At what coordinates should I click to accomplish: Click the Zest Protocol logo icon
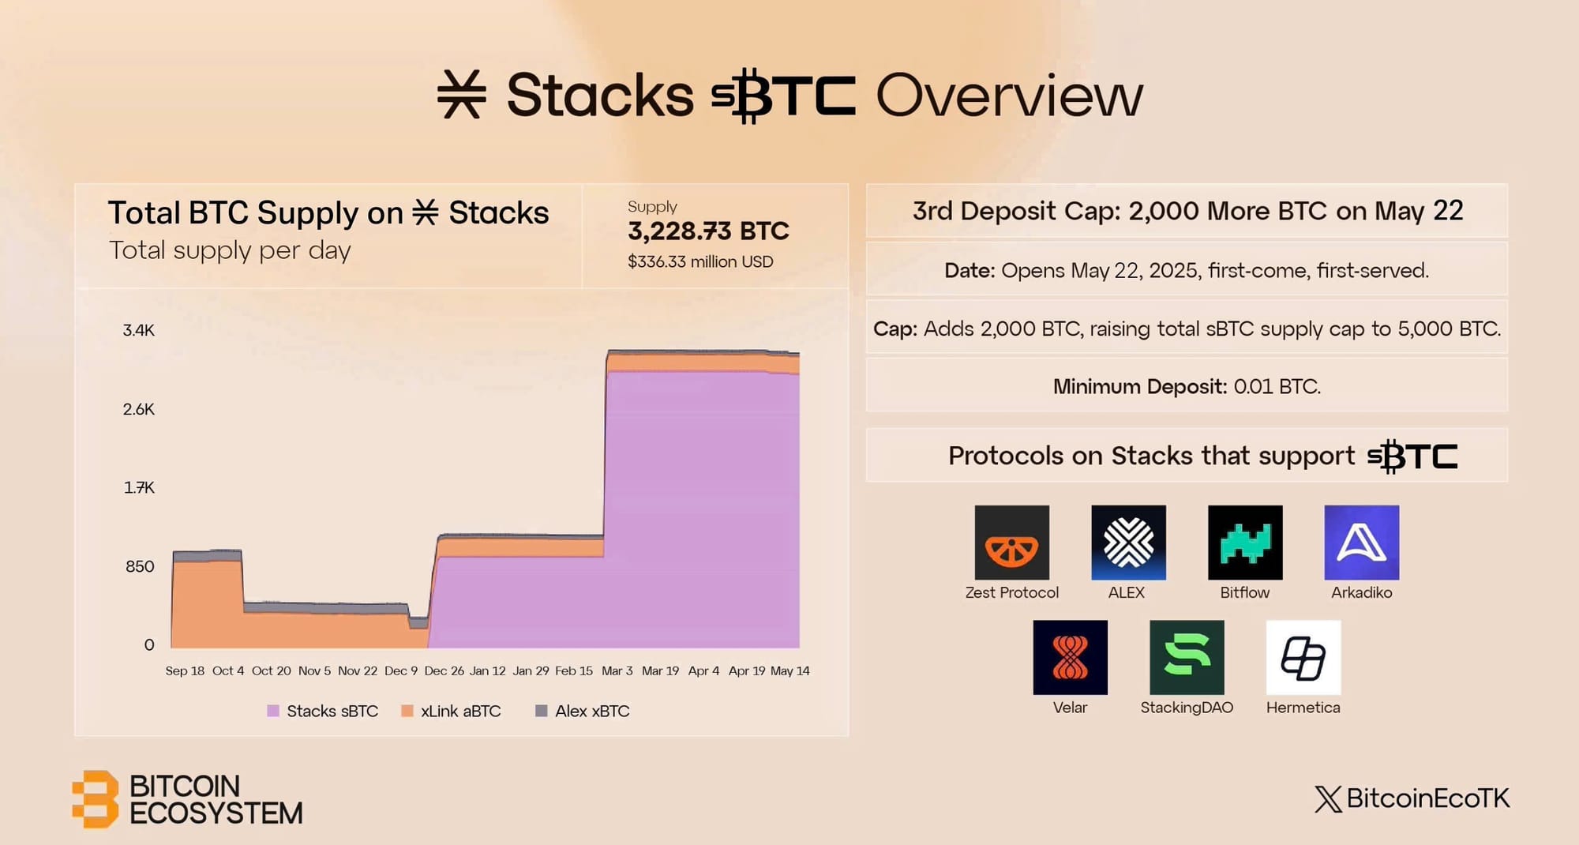pyautogui.click(x=1011, y=543)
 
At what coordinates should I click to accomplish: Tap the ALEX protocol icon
pyautogui.click(x=1128, y=543)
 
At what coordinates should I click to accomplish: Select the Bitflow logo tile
pyautogui.click(x=1245, y=543)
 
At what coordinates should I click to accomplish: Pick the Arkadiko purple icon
pyautogui.click(x=1362, y=543)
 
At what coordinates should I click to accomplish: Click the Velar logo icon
pyautogui.click(x=1070, y=657)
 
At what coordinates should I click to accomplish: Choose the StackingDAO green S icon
pyautogui.click(x=1187, y=657)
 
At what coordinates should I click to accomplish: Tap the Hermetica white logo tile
pyautogui.click(x=1303, y=657)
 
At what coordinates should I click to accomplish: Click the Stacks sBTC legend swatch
pyautogui.click(x=273, y=711)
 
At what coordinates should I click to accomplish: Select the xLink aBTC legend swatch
pyautogui.click(x=407, y=711)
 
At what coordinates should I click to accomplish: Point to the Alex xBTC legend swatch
pyautogui.click(x=542, y=711)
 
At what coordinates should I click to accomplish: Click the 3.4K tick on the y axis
pyautogui.click(x=139, y=330)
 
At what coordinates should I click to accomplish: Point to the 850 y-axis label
pyautogui.click(x=140, y=566)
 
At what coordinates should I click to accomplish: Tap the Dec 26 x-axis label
pyautogui.click(x=444, y=670)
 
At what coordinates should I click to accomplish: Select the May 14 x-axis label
pyautogui.click(x=790, y=670)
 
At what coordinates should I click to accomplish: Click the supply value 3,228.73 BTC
pyautogui.click(x=708, y=231)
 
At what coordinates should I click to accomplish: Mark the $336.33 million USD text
pyautogui.click(x=700, y=261)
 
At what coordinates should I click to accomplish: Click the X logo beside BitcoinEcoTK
pyautogui.click(x=1328, y=799)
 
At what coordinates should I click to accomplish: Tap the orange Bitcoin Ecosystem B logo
pyautogui.click(x=95, y=799)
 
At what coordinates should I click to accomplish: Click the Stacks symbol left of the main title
pyautogui.click(x=462, y=95)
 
